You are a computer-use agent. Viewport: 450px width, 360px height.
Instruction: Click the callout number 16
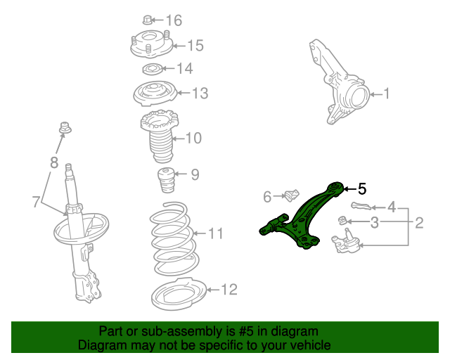point(174,20)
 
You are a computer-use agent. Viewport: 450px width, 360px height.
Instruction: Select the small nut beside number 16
point(147,20)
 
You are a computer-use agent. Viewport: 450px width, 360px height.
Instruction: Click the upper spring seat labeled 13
point(155,94)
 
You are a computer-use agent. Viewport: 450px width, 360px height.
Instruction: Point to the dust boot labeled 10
point(160,136)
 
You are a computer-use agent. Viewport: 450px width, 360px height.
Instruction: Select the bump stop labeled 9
point(166,180)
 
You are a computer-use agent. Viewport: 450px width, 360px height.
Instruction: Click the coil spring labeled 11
point(174,239)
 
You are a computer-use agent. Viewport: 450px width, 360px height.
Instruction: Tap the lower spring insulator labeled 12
point(179,294)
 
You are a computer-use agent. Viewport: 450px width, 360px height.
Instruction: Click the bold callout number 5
point(362,189)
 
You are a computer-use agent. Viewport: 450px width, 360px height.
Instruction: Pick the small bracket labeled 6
point(292,195)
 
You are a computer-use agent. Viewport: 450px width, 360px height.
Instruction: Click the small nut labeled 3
point(342,221)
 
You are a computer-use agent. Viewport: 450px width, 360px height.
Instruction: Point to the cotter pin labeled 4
point(361,205)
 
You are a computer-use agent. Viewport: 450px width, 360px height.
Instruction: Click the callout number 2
point(419,223)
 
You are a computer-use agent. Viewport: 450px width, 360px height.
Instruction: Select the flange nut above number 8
point(65,128)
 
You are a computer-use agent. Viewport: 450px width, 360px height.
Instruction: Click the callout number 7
point(36,202)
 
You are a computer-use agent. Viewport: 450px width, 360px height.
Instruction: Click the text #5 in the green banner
point(246,332)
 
